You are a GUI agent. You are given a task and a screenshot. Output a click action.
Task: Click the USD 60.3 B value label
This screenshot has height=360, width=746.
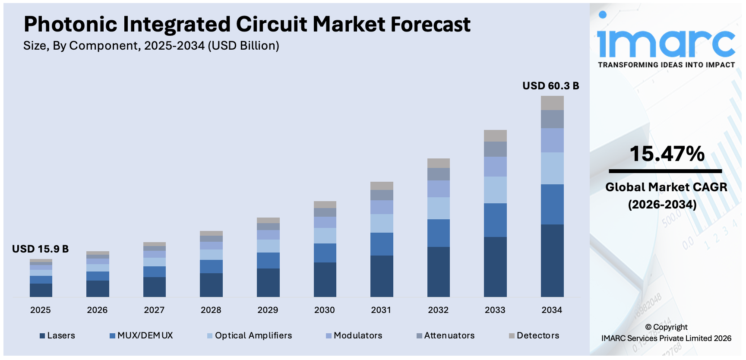click(550, 86)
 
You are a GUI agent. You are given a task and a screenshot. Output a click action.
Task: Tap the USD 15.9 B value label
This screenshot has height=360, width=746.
click(40, 249)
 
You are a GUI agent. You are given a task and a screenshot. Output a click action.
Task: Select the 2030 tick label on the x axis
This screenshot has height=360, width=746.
click(324, 310)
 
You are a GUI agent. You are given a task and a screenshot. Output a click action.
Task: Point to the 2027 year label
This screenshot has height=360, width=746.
click(154, 310)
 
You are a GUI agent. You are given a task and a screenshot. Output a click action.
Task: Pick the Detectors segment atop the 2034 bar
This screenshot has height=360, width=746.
click(552, 103)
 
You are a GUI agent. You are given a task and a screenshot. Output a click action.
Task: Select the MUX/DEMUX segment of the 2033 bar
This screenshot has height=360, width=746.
click(495, 220)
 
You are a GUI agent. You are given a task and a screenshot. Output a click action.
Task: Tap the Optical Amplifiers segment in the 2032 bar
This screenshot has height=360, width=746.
click(438, 208)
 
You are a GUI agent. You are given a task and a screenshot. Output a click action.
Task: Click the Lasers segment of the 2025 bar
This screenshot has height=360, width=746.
click(41, 290)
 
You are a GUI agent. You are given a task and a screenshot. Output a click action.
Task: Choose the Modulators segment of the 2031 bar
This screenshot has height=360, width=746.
click(382, 207)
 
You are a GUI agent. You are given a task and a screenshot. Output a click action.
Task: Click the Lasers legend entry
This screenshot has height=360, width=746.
click(57, 335)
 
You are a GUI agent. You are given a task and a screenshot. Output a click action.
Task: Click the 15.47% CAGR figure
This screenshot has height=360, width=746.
click(667, 154)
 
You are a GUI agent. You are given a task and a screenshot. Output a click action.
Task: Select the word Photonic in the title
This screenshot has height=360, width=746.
click(70, 24)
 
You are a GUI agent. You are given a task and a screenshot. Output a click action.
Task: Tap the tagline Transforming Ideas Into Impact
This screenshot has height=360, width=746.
click(666, 65)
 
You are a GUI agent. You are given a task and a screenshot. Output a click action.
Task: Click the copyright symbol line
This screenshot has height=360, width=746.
click(666, 327)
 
